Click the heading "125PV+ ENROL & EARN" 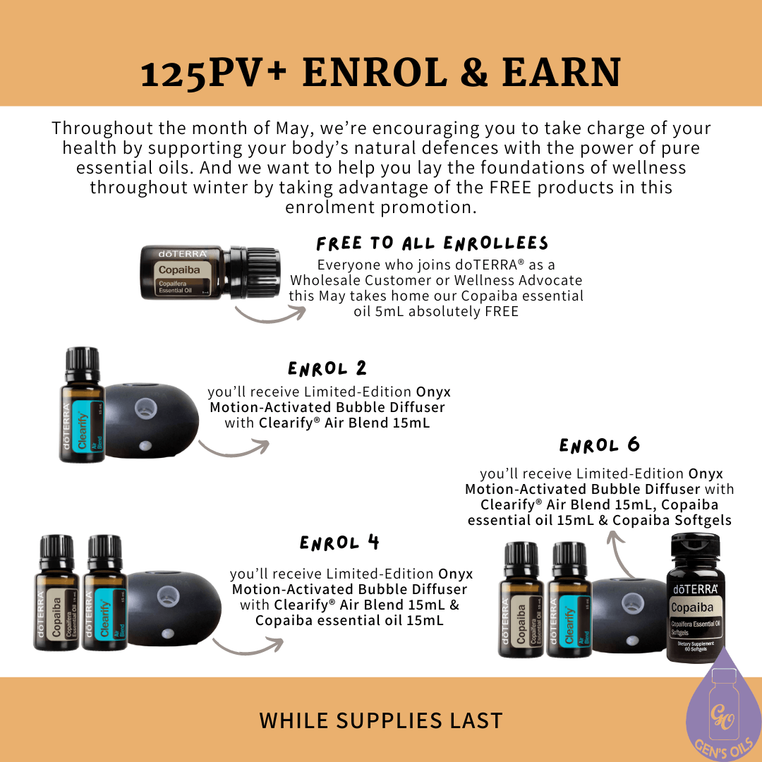click(x=381, y=73)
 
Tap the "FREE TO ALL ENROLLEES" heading click(x=433, y=244)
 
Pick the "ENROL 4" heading click(x=340, y=543)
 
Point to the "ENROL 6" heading click(x=600, y=446)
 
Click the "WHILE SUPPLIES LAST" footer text click(x=381, y=720)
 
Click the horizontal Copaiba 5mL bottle click(x=210, y=272)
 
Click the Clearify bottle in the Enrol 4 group click(x=105, y=594)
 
